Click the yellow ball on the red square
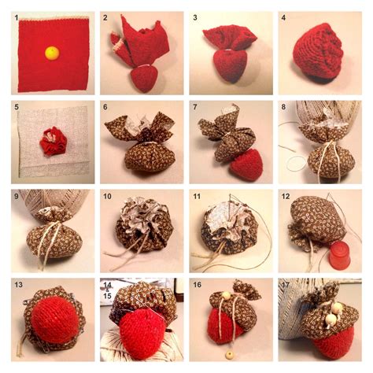pos(52,53)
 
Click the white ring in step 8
pos(295,164)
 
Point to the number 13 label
pos(17,282)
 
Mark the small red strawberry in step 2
pos(142,78)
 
